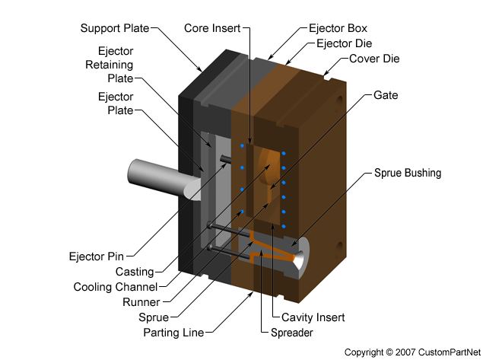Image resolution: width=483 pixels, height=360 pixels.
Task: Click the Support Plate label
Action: (x=116, y=28)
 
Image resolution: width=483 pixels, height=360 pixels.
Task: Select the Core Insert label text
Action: (x=211, y=28)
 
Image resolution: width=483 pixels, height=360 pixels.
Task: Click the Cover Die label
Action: (x=374, y=59)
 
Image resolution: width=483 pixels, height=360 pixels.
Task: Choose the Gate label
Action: (x=386, y=96)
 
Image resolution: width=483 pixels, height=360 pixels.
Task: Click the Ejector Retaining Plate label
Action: (x=110, y=65)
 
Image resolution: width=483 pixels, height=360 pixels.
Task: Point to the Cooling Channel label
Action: (x=116, y=287)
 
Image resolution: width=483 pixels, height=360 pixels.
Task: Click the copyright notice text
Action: (x=409, y=352)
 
